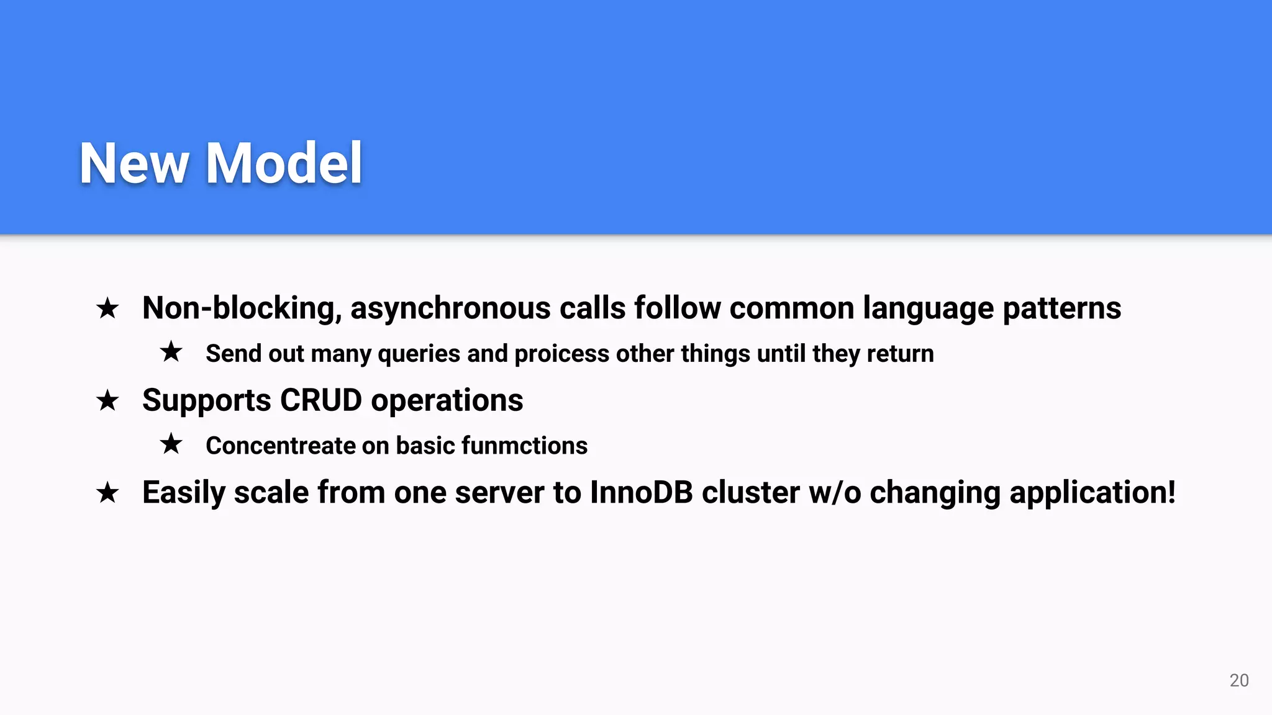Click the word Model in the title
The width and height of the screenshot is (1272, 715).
click(x=284, y=163)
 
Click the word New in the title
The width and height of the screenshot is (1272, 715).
click(x=134, y=163)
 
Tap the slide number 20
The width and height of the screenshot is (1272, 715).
click(x=1238, y=680)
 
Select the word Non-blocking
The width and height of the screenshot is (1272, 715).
click(x=242, y=308)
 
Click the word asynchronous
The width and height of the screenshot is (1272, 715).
click(x=450, y=308)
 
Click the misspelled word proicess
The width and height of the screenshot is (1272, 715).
click(x=561, y=354)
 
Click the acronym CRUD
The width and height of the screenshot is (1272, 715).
click(x=320, y=400)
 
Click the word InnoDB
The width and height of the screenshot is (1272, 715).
click(x=641, y=492)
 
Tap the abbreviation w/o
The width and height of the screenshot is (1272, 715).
click(x=835, y=492)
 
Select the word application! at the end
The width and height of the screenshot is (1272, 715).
click(x=1093, y=492)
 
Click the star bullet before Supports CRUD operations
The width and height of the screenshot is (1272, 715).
click(x=107, y=400)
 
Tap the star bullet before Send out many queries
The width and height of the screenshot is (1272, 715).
click(x=171, y=352)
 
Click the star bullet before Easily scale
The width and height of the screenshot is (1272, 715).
click(x=107, y=493)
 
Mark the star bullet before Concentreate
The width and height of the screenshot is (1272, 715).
click(x=171, y=444)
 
